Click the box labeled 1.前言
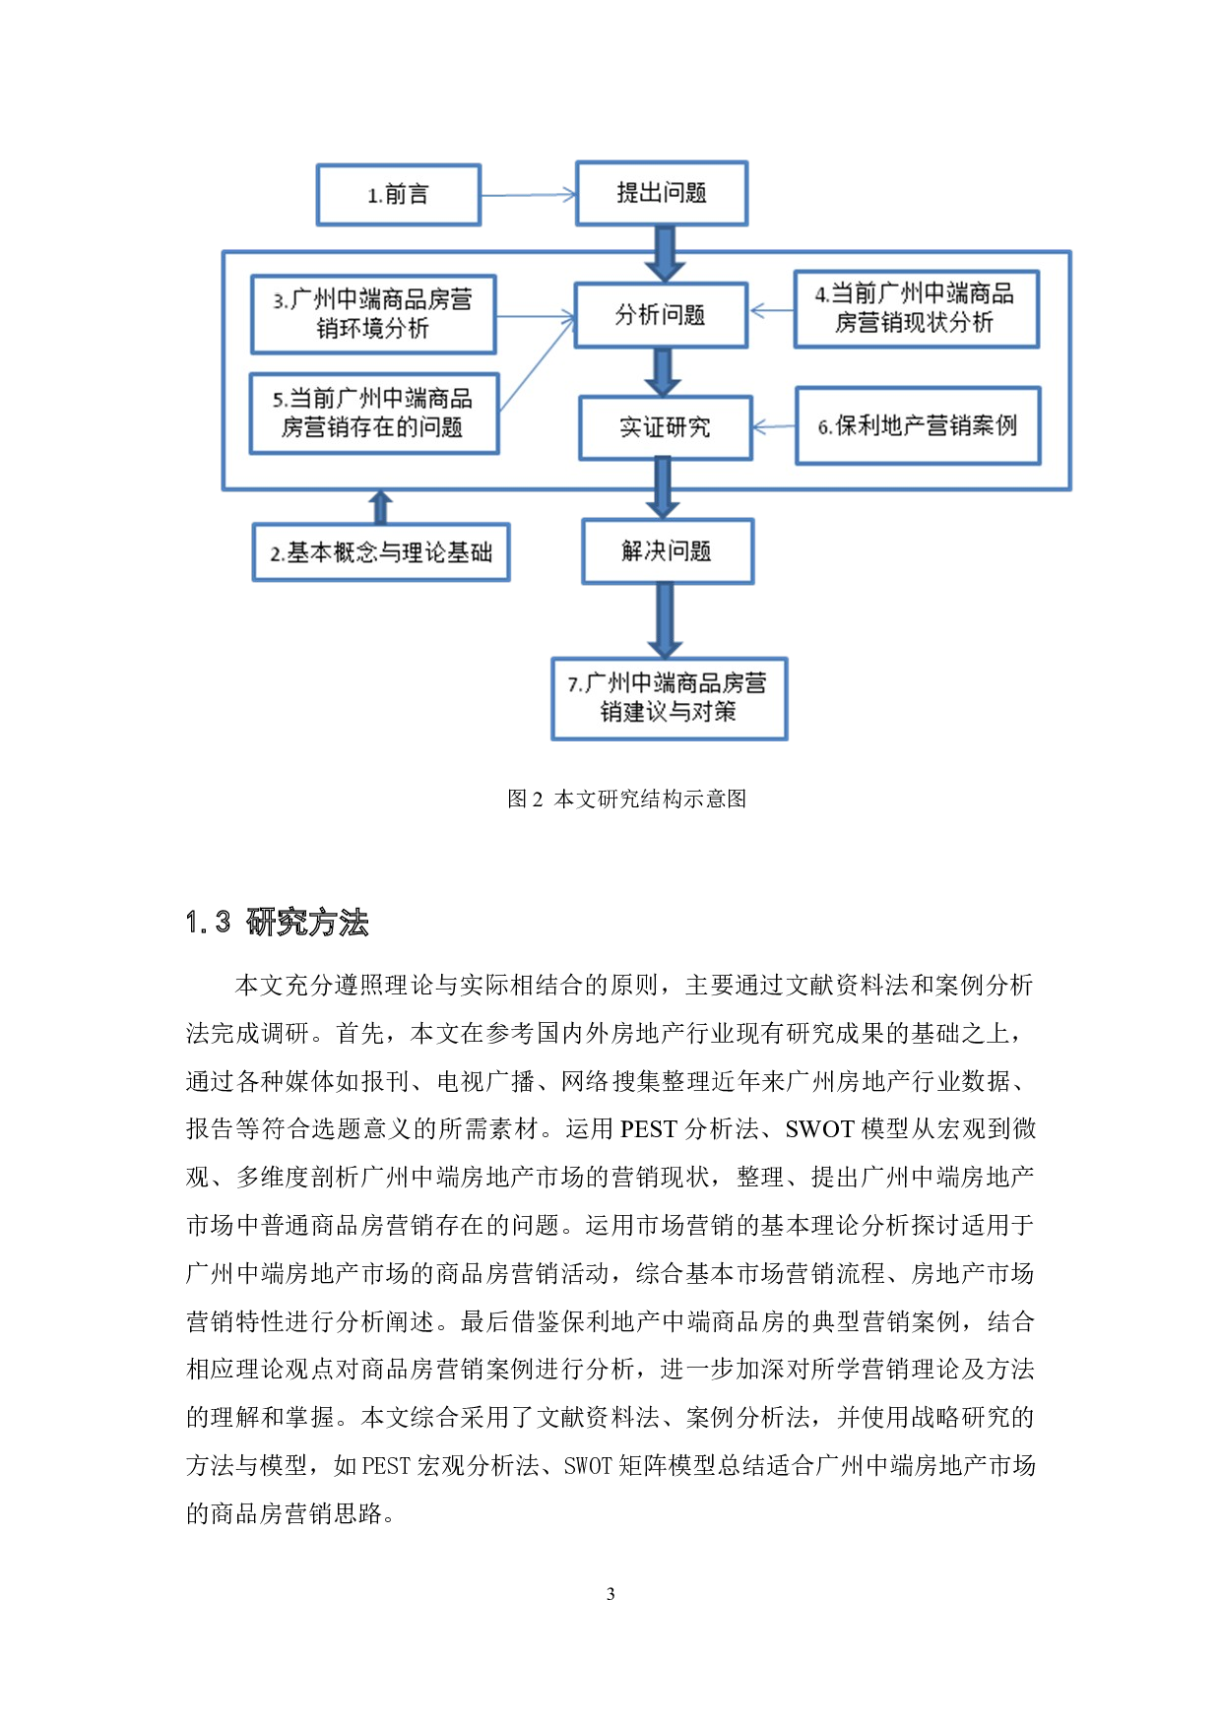(399, 195)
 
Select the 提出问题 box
(662, 193)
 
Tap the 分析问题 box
(661, 315)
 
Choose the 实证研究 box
(665, 427)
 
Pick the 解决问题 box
(668, 551)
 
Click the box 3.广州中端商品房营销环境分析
(373, 314)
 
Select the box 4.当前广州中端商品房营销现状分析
(916, 308)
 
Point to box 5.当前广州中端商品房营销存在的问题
(374, 413)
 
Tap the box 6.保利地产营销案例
(918, 425)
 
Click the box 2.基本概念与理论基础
(381, 552)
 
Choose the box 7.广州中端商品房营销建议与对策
(669, 698)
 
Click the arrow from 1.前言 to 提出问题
(528, 195)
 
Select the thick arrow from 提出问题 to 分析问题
(665, 253)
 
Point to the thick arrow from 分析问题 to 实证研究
(663, 371)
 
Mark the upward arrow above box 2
(381, 507)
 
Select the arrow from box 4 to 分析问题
(772, 311)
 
